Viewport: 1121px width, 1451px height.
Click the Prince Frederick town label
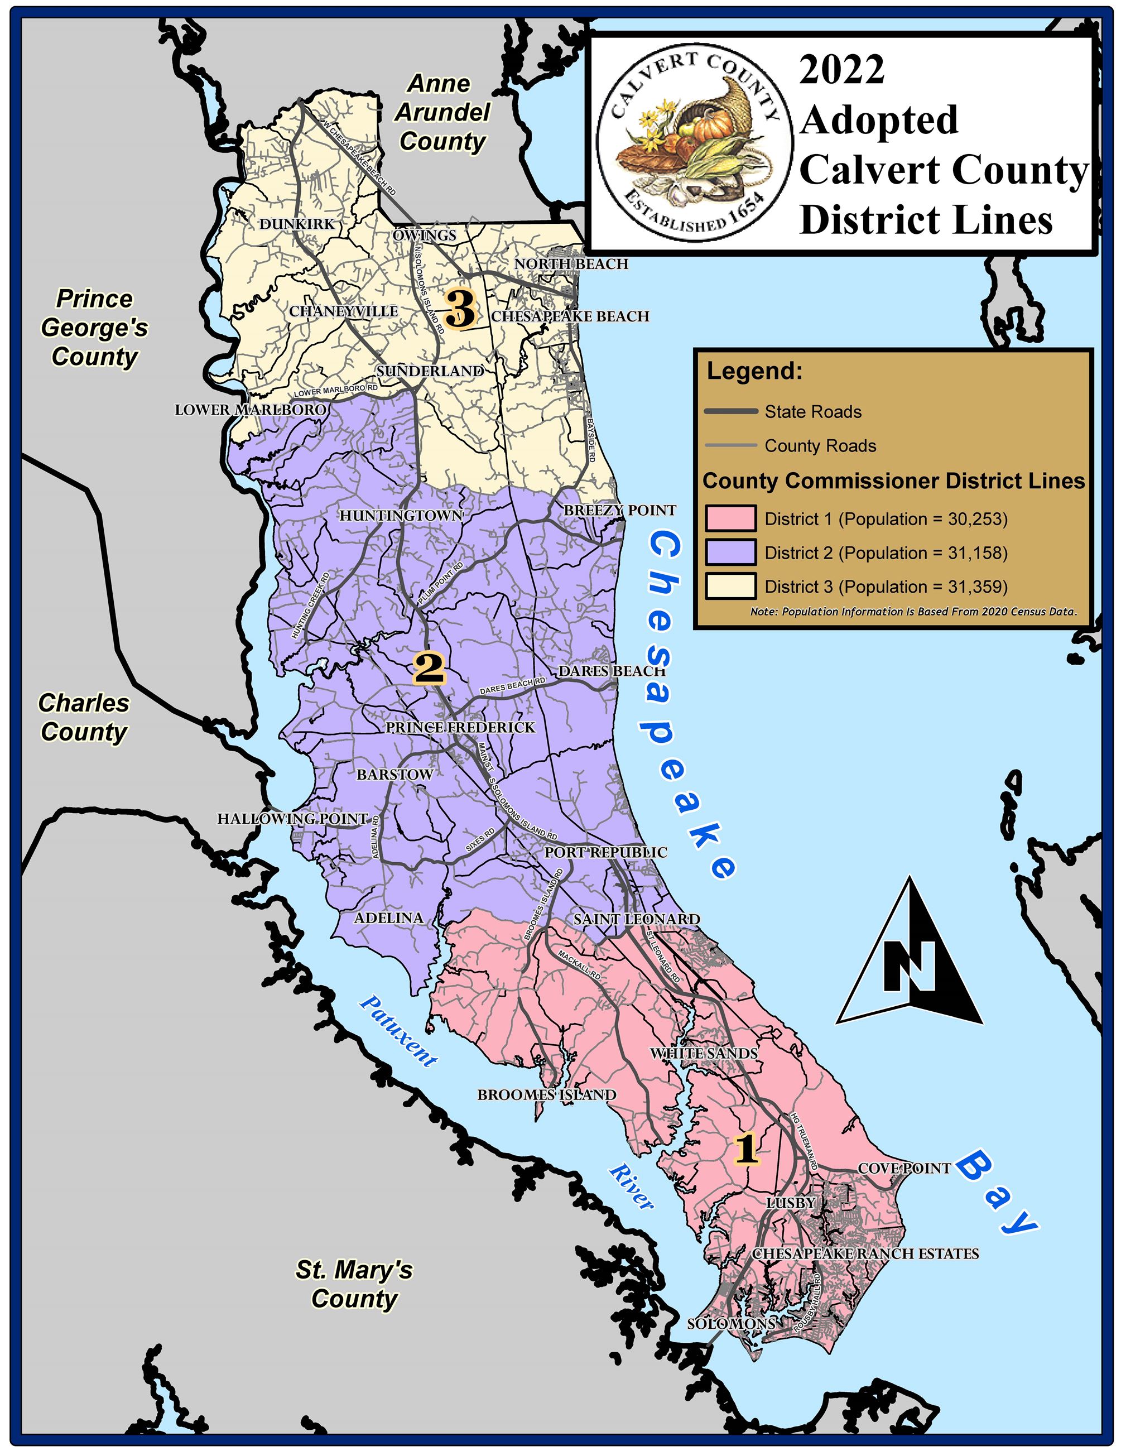coord(460,728)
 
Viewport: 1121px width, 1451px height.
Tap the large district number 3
coord(461,310)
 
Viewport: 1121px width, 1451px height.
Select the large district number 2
coord(429,667)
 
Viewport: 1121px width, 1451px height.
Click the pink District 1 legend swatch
coord(730,519)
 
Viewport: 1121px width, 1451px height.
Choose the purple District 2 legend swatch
coord(730,552)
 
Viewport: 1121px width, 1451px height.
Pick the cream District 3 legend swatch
coord(730,587)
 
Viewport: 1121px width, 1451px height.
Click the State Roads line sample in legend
coord(730,412)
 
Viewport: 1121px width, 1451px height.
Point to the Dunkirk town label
coord(297,224)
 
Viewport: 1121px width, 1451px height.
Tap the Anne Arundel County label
coord(441,112)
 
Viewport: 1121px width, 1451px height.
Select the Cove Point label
coord(905,1168)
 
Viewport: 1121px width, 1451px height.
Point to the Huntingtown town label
coord(401,516)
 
